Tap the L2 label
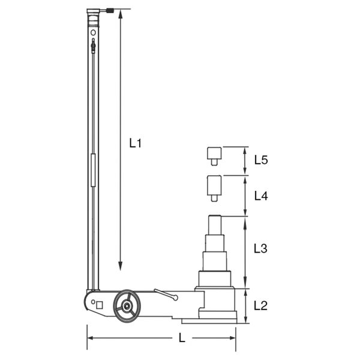point(260,306)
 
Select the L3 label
point(260,247)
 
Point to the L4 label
point(260,196)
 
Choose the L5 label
point(260,160)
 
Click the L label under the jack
point(182,338)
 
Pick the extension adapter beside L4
point(214,187)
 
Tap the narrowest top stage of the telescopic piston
point(215,225)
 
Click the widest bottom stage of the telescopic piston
point(215,280)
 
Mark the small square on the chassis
point(98,305)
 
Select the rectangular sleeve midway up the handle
point(93,171)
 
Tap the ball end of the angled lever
point(175,298)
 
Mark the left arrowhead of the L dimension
point(91,338)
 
